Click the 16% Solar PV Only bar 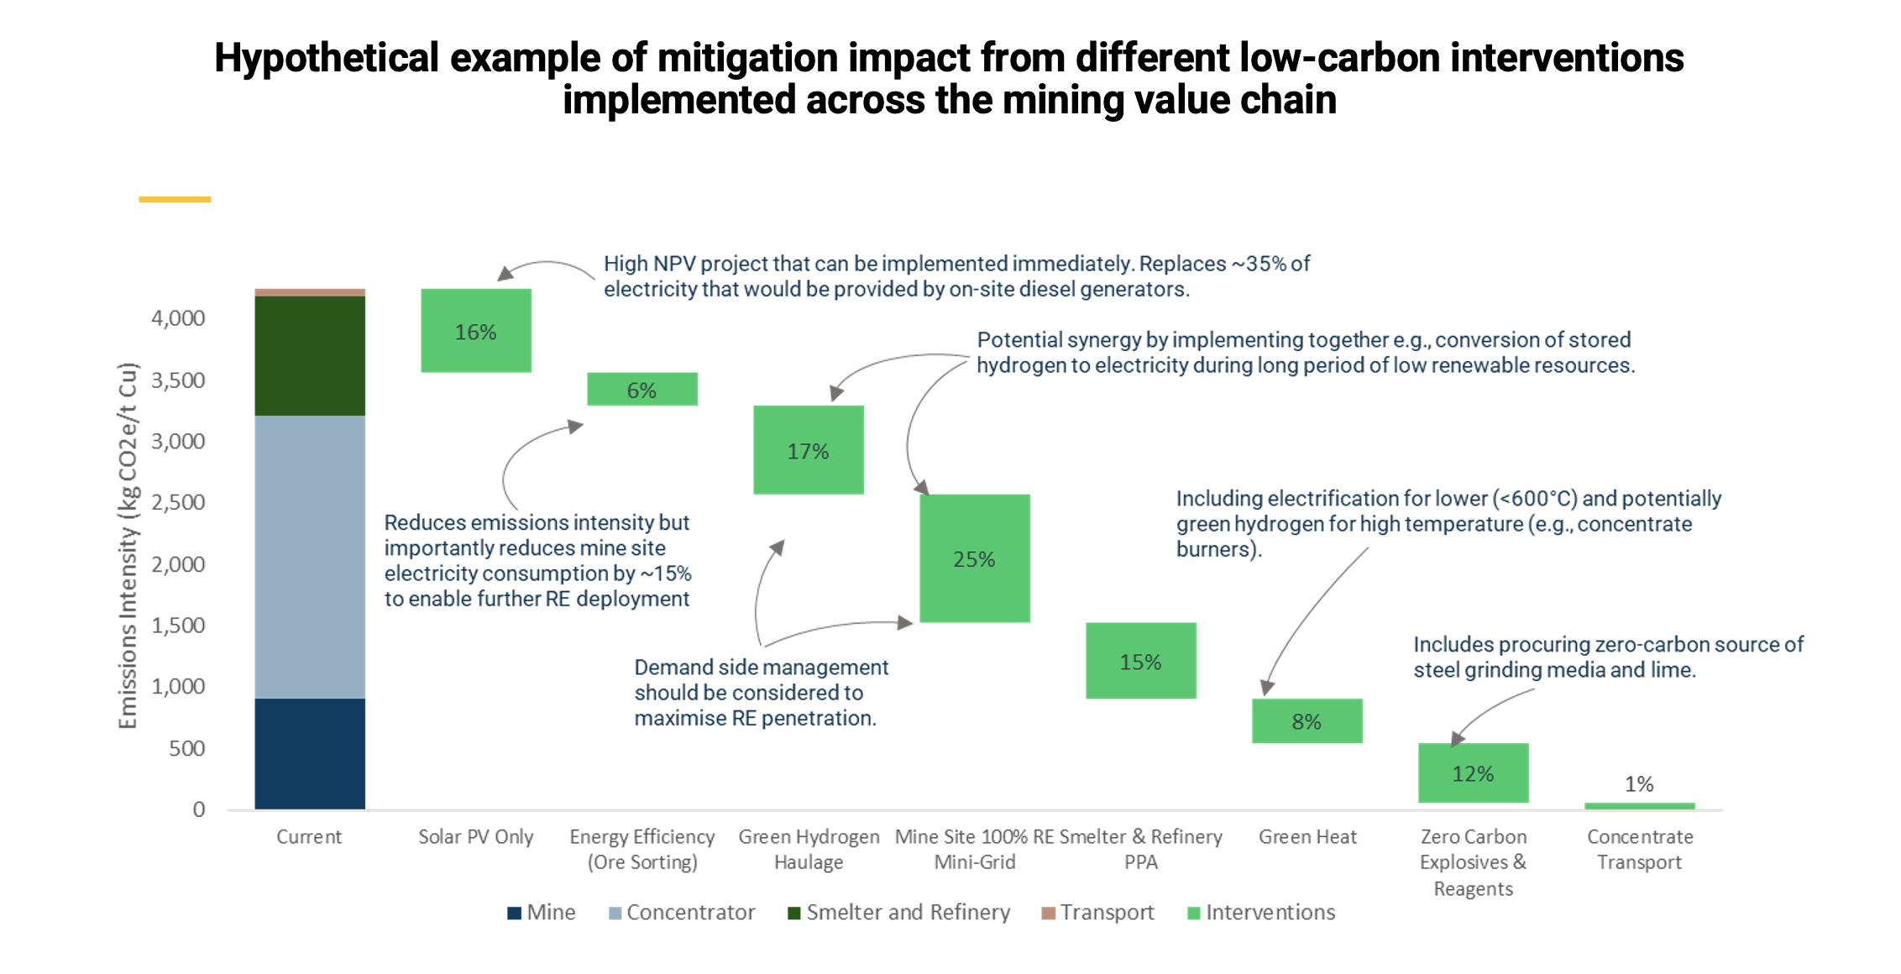coord(475,331)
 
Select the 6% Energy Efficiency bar coord(642,390)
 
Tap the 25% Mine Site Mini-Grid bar coord(974,558)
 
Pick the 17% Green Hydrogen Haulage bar coord(808,450)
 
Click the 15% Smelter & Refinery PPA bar coord(1140,661)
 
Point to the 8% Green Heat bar coord(1307,721)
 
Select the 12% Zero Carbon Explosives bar coord(1473,773)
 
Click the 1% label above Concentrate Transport coord(1639,784)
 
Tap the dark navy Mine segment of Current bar coord(310,753)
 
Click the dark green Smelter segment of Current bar coord(310,356)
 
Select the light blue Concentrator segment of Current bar coord(310,557)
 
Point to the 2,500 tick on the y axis coord(178,502)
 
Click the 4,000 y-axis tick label coord(178,318)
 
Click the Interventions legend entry coord(1261,913)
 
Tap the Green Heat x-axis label coord(1307,837)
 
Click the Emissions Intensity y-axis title coord(128,546)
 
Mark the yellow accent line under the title coord(175,199)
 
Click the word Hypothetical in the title coord(326,58)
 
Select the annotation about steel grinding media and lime coord(1607,657)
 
